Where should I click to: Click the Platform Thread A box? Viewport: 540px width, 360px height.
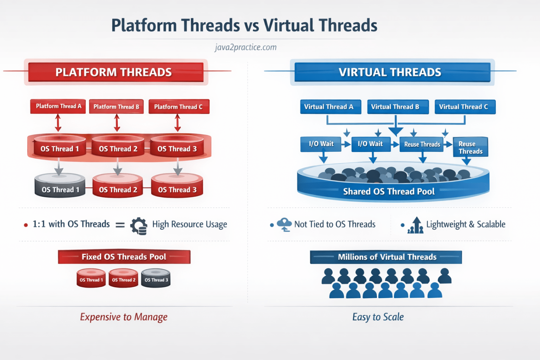click(x=58, y=106)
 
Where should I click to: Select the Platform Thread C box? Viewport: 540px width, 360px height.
click(x=179, y=107)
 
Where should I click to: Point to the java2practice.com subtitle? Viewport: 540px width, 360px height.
click(x=246, y=47)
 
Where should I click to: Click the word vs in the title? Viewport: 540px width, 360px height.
click(x=251, y=25)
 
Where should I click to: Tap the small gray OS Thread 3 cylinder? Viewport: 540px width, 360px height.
click(x=156, y=278)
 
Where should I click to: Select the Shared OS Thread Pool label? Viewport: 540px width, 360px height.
click(x=389, y=192)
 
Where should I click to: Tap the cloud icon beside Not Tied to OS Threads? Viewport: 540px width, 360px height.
click(x=284, y=224)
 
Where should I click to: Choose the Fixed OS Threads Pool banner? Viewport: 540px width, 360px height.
click(x=124, y=257)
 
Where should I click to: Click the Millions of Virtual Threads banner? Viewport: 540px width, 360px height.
click(x=386, y=257)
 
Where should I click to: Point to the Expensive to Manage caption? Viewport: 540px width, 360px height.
click(x=124, y=317)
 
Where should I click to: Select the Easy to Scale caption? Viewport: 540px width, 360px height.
click(x=378, y=317)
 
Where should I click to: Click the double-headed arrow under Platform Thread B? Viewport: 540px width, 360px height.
click(x=117, y=123)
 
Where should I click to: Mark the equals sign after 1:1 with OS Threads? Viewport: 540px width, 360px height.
click(x=120, y=225)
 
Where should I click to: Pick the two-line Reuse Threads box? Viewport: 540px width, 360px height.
click(x=470, y=147)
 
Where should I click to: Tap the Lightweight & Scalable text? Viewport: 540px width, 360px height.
click(x=466, y=225)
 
